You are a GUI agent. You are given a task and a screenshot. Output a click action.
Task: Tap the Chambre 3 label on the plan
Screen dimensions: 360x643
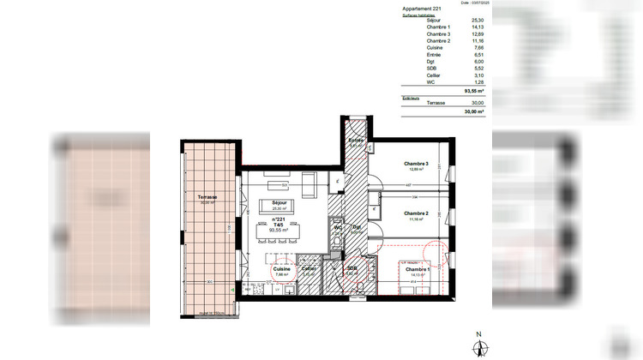point(417,164)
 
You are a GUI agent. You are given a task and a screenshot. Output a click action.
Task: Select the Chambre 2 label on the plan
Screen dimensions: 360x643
point(415,213)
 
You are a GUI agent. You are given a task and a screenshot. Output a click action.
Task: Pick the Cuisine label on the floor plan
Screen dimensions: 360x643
point(282,268)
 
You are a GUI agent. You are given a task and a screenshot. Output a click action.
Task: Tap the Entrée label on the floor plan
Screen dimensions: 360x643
point(355,140)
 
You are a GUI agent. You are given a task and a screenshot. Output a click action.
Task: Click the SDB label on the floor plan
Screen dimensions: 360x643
point(352,268)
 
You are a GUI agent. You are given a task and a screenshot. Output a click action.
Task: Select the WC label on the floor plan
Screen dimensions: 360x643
point(340,227)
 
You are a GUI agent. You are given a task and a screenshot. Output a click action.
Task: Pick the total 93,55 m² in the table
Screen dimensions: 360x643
point(473,89)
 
